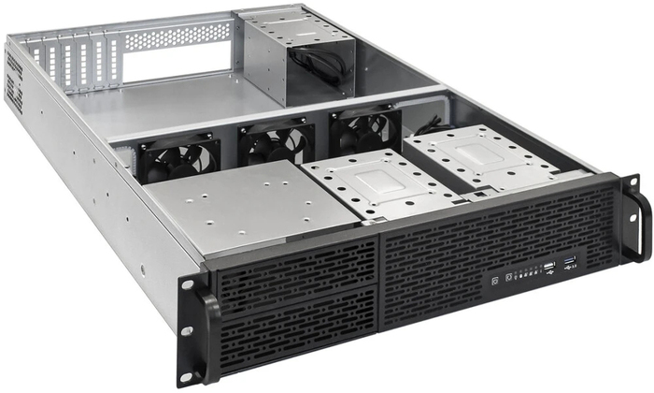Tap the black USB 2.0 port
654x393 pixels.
click(x=548, y=270)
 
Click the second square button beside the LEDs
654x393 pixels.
click(x=508, y=277)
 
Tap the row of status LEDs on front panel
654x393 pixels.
click(x=528, y=274)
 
